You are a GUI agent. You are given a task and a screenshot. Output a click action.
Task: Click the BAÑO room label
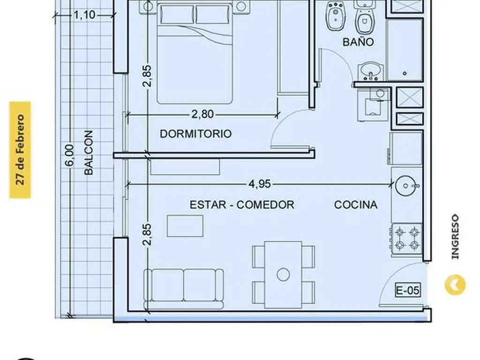(358, 42)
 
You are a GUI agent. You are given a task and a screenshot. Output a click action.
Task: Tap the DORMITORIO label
(195, 134)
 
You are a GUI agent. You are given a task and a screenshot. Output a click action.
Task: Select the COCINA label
(356, 204)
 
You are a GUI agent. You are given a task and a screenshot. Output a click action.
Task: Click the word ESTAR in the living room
(208, 204)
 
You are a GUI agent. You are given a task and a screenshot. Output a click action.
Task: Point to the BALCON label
(88, 152)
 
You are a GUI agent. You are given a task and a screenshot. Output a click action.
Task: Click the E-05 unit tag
(408, 290)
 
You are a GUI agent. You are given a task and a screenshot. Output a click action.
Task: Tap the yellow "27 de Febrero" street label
(20, 150)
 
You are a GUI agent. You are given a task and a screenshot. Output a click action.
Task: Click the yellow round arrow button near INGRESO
(455, 285)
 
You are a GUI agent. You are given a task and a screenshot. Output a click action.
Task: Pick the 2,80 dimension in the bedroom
(202, 114)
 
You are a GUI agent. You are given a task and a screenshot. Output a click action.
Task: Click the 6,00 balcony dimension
(69, 155)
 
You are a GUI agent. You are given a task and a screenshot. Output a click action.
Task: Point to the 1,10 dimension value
(84, 15)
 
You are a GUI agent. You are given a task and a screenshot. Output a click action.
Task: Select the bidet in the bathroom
(336, 15)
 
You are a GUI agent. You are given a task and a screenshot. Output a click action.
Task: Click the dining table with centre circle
(283, 275)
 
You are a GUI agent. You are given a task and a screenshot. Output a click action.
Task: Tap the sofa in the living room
(184, 289)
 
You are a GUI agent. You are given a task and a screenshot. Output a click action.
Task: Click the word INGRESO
(455, 237)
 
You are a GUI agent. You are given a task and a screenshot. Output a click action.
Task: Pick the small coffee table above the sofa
(185, 226)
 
